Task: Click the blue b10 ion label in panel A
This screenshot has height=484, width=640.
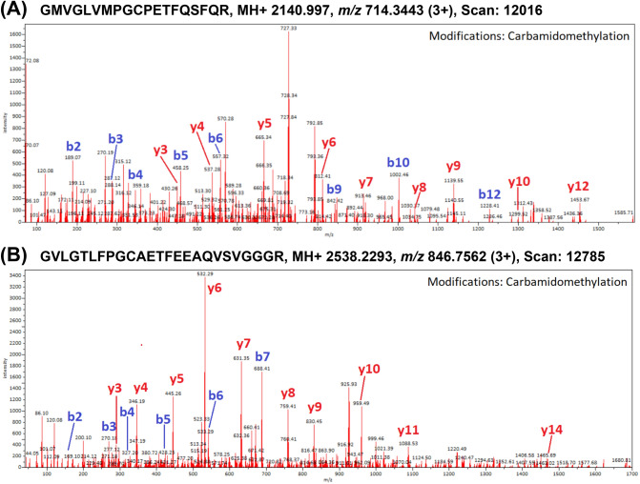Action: pyautogui.click(x=399, y=163)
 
